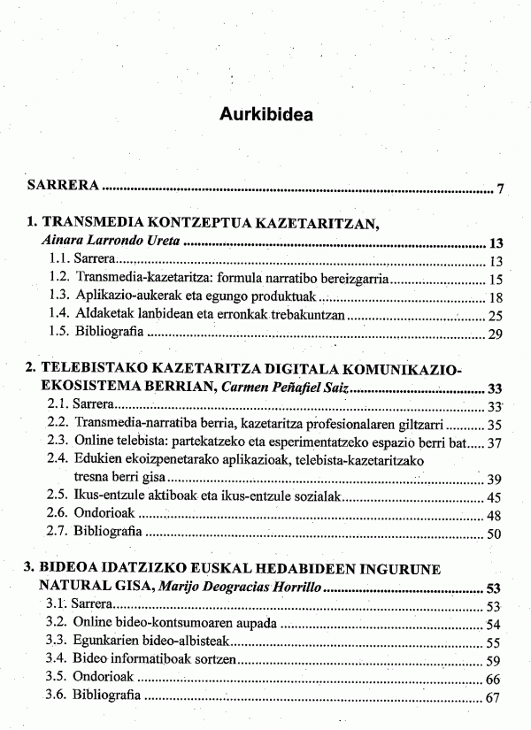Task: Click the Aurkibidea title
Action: click(265, 116)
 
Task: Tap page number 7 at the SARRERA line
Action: click(500, 188)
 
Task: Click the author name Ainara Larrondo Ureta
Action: click(100, 242)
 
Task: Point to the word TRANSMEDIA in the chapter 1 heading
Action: click(84, 224)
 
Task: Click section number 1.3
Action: click(58, 296)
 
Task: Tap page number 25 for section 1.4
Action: click(496, 315)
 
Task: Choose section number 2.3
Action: click(58, 442)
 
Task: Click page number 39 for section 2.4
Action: click(496, 479)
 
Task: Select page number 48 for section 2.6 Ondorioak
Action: click(496, 515)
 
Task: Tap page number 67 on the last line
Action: click(495, 697)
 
